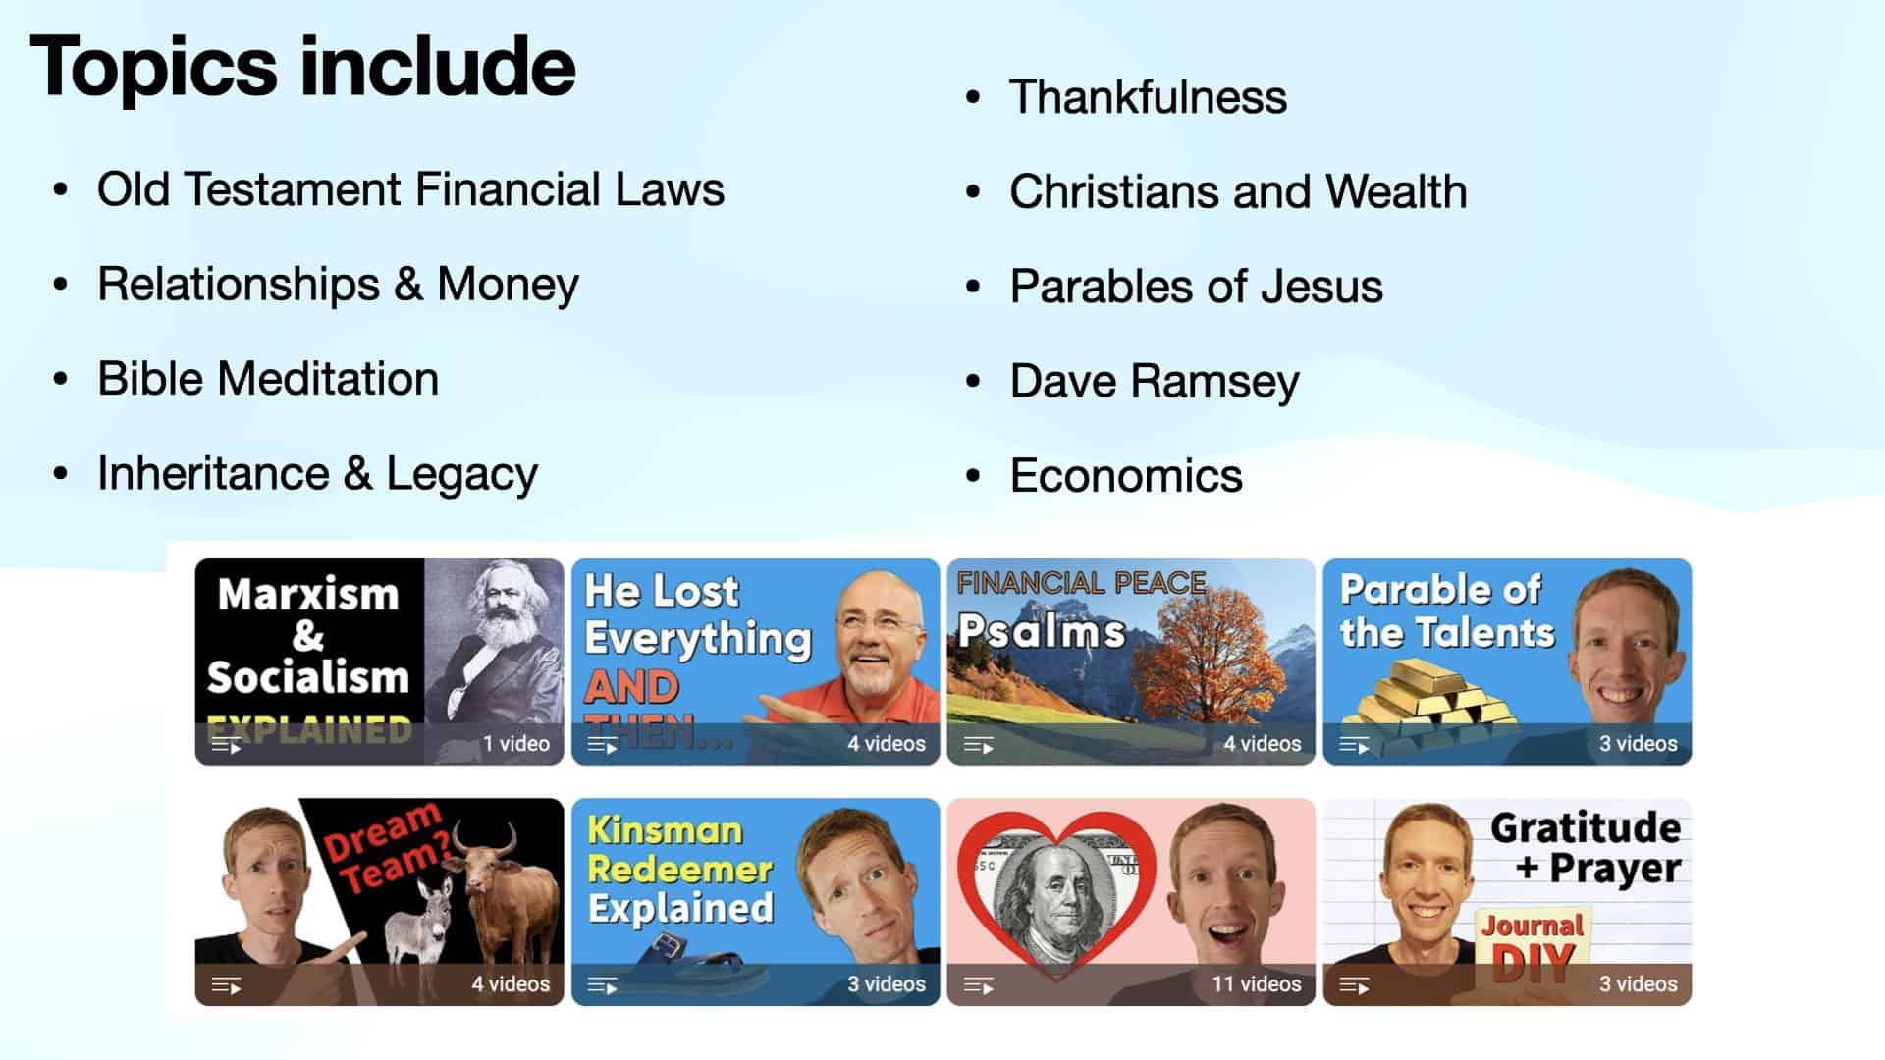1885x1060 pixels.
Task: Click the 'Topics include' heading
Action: (x=302, y=67)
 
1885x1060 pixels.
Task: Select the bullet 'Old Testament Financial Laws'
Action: (x=410, y=189)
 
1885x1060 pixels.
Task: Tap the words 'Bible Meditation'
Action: (x=267, y=379)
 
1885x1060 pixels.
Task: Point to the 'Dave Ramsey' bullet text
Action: (x=1154, y=381)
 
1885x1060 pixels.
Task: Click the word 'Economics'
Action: (x=1125, y=476)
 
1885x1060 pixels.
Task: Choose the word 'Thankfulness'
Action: (x=1148, y=97)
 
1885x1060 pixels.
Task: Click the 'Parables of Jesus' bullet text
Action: (x=1196, y=287)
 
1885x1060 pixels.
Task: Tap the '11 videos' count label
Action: (x=1256, y=983)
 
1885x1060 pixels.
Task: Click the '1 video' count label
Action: (x=515, y=744)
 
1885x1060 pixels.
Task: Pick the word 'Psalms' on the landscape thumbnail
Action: (x=1041, y=631)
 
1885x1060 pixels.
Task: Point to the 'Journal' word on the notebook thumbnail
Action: (x=1532, y=925)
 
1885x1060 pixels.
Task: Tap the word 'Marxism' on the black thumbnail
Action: (x=307, y=595)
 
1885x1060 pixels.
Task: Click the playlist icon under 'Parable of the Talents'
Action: (x=1354, y=746)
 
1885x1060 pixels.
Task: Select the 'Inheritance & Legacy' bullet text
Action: (x=316, y=474)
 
